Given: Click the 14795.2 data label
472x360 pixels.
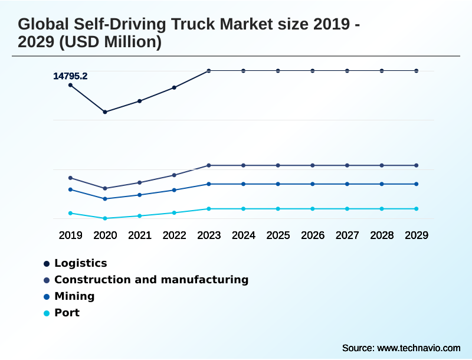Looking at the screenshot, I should click(70, 76).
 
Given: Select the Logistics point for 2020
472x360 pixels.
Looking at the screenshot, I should click(105, 112).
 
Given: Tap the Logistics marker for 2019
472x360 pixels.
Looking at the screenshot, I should click(70, 85).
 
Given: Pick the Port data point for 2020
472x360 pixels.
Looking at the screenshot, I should click(105, 218).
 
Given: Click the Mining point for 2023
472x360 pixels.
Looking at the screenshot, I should click(209, 184).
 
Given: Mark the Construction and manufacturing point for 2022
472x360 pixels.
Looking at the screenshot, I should click(174, 175).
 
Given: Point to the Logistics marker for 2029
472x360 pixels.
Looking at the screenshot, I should click(416, 71).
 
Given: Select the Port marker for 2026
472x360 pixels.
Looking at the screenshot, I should click(313, 209).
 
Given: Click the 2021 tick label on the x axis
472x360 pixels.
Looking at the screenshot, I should click(140, 235).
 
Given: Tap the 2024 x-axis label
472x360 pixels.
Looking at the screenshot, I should click(243, 235).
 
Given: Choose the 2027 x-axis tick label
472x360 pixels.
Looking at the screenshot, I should click(347, 235).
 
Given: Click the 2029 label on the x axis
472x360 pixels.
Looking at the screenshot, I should click(416, 235).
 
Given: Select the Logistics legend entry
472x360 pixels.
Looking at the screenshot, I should click(80, 263).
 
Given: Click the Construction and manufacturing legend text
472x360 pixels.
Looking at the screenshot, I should click(151, 280).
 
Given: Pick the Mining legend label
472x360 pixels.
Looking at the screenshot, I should click(74, 296).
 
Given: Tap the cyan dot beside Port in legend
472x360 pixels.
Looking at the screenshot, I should click(47, 313).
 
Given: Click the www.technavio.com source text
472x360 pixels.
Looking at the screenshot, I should click(418, 348).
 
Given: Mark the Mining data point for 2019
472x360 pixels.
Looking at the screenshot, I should click(70, 189).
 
